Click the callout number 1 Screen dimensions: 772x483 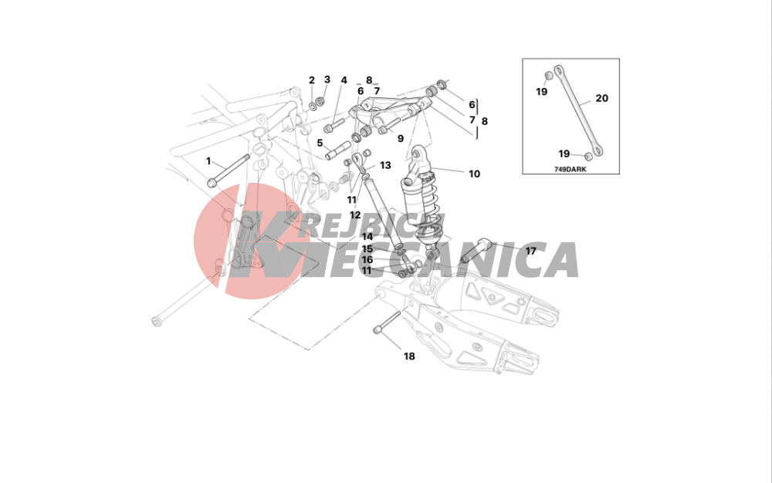tap(208, 161)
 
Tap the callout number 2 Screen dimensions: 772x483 tap(312, 80)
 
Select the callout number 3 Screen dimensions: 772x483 tap(327, 79)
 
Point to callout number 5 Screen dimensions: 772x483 tap(320, 144)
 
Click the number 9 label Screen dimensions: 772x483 tap(400, 139)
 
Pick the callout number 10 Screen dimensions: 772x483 tap(474, 174)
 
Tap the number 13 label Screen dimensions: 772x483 tap(385, 165)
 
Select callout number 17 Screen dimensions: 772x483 tap(531, 252)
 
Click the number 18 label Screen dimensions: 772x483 tap(409, 356)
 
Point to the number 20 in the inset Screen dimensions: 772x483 tap(601, 98)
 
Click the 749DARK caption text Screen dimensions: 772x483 tap(571, 169)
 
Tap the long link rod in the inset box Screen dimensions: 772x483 tap(580, 110)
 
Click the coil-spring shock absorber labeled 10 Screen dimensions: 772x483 tap(422, 202)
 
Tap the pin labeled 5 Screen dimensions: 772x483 tap(338, 150)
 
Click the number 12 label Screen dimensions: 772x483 tap(355, 215)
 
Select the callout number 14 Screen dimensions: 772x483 tap(367, 237)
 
